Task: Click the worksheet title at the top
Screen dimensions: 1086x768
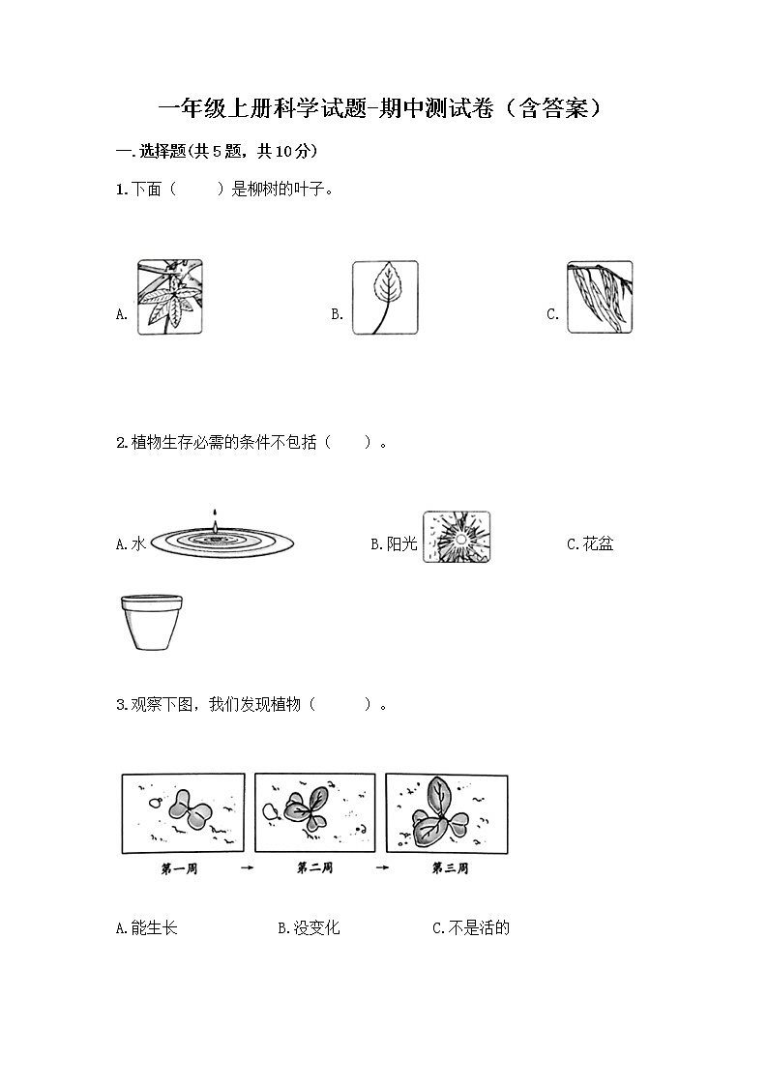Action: click(383, 107)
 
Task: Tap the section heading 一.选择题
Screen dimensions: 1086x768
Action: click(217, 151)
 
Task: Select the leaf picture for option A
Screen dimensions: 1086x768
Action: click(169, 297)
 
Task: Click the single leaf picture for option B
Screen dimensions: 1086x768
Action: click(385, 297)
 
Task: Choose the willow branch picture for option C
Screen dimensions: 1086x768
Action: click(600, 297)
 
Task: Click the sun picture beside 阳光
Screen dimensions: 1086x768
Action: click(457, 537)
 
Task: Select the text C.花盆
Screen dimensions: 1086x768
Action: click(590, 544)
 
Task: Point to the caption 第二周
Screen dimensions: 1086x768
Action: click(315, 868)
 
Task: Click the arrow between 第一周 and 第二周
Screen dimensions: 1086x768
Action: click(248, 868)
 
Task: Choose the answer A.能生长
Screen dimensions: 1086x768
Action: click(147, 928)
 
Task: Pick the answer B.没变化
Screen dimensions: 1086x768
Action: click(310, 928)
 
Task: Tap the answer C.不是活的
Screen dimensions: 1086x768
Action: click(471, 928)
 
